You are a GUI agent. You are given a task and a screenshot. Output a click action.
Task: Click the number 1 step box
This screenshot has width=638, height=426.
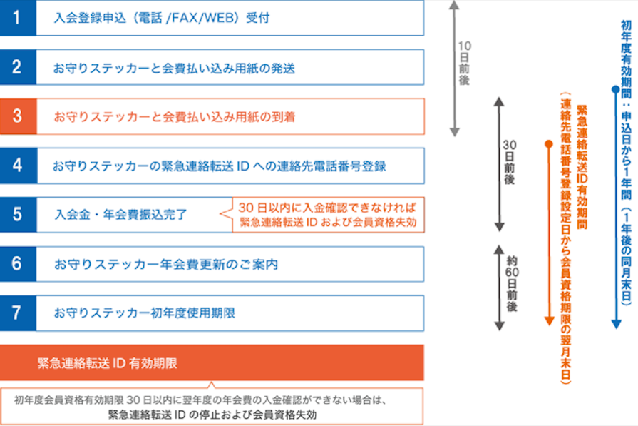17,18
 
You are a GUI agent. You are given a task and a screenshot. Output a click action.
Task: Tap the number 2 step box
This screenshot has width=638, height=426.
17,68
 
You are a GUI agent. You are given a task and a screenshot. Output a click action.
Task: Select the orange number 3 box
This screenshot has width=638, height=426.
17,116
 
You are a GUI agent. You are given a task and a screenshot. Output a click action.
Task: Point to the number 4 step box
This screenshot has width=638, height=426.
17,166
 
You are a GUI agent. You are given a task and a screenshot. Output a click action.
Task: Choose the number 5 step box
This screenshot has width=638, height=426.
17,215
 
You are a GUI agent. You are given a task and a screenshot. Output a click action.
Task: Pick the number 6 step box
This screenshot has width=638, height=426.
17,264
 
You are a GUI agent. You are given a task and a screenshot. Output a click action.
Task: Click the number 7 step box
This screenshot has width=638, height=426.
17,313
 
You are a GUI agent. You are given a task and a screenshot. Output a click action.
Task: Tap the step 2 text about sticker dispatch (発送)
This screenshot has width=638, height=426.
174,69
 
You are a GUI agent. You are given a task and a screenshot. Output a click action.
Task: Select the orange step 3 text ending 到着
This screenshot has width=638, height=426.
175,117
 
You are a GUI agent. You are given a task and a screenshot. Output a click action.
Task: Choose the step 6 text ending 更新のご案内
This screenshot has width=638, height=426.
165,265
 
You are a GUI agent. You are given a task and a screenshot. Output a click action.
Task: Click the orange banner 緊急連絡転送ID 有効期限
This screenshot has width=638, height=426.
107,363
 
